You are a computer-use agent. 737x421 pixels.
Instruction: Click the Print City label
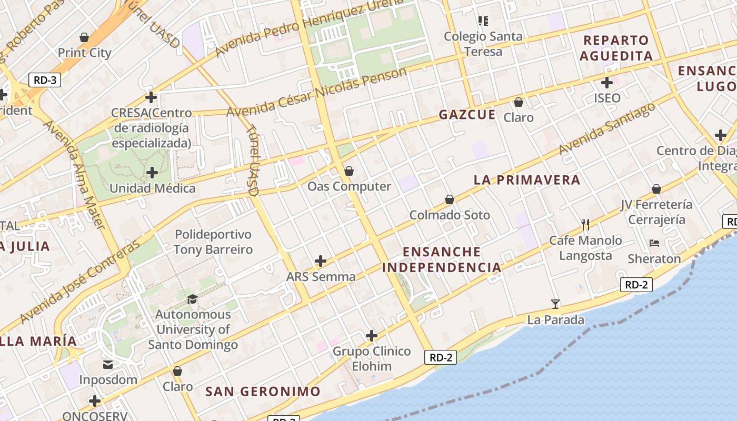(84, 53)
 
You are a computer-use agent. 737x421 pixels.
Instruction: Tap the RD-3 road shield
(45, 81)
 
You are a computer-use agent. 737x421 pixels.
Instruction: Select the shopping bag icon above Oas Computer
(348, 171)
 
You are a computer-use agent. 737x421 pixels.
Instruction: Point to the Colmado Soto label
(450, 215)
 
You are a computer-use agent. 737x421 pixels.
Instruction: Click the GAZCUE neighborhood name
(467, 114)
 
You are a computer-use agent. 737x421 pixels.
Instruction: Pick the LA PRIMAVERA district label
(527, 180)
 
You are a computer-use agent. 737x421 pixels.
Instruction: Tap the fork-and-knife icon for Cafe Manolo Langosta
(585, 225)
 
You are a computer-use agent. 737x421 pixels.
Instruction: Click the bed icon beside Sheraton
(654, 243)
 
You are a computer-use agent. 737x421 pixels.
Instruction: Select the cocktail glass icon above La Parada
(555, 304)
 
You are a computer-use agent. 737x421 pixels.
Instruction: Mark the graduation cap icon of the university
(192, 299)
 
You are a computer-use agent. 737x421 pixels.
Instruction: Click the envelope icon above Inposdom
(108, 364)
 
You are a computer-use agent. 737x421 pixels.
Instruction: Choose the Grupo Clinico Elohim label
(372, 359)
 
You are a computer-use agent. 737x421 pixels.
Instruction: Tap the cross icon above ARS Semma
(321, 261)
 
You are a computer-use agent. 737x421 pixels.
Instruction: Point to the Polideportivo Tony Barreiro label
(213, 242)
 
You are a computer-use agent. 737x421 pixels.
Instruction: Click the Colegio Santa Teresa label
(483, 44)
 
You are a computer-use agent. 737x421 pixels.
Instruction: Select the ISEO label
(607, 98)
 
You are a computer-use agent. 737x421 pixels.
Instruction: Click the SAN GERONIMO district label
(263, 392)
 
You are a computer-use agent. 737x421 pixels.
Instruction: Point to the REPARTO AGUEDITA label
(616, 48)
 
